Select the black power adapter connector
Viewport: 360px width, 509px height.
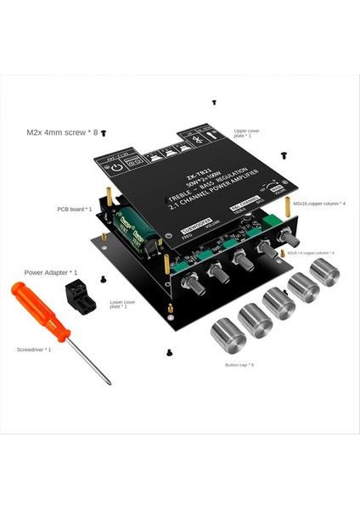pos(79,298)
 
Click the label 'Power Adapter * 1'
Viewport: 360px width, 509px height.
pos(51,272)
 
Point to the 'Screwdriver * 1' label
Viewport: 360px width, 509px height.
pos(34,350)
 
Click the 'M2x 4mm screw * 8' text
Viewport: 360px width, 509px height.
pos(62,132)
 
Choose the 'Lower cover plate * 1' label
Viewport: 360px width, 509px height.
pos(119,303)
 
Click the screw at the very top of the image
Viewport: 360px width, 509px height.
pos(214,102)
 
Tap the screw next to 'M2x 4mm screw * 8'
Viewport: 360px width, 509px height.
pos(104,133)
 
